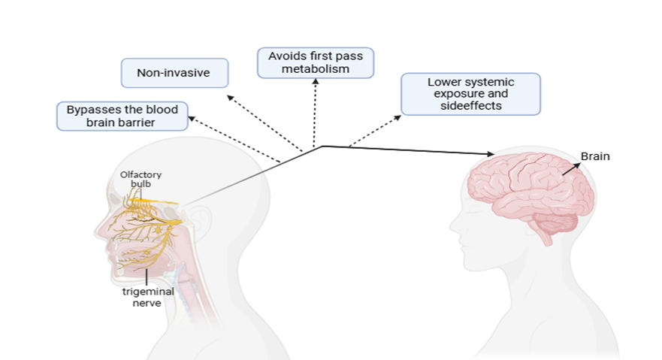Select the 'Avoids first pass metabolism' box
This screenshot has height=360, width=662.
pyautogui.click(x=315, y=63)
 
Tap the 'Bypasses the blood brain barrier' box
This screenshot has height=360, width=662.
pyautogui.click(x=122, y=116)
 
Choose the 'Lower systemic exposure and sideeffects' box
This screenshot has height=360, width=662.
pyautogui.click(x=470, y=94)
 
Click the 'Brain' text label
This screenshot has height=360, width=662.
pyautogui.click(x=595, y=157)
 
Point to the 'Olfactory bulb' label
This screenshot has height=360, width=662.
pyautogui.click(x=141, y=180)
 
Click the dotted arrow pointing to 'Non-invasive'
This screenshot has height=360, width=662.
pyautogui.click(x=263, y=122)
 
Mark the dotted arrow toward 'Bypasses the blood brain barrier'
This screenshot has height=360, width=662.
pyautogui.click(x=233, y=138)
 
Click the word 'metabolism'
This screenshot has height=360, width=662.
pyautogui.click(x=315, y=70)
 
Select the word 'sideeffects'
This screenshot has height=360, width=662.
pyautogui.click(x=470, y=106)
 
